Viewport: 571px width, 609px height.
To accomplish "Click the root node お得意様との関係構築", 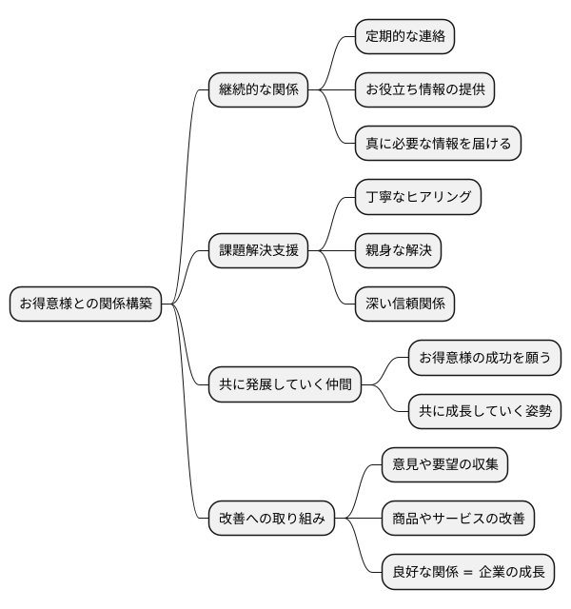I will (85, 304).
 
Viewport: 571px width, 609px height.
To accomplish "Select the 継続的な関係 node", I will (259, 90).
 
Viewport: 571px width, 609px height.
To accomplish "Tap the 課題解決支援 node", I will (259, 251).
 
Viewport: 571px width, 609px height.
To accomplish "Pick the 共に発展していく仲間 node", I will (285, 385).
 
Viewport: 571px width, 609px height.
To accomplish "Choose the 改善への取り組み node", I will (272, 519).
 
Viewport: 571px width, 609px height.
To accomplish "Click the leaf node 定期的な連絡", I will (404, 37).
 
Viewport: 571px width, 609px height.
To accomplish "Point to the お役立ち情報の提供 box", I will (424, 90).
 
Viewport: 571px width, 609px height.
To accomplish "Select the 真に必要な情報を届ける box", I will (438, 144).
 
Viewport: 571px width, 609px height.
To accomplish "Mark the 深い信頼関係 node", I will (404, 304).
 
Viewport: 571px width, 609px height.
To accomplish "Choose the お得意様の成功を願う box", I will (484, 359).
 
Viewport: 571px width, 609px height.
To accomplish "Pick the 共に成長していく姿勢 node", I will (484, 412).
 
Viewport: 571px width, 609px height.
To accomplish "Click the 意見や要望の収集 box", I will (444, 465).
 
